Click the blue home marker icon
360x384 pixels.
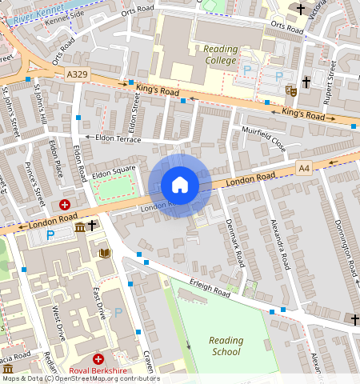click(180, 185)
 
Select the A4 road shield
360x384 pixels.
click(304, 168)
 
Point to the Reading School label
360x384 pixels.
click(226, 346)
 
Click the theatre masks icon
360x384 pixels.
click(291, 91)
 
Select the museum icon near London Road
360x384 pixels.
click(80, 228)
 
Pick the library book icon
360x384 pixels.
click(104, 254)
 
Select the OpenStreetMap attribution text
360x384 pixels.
click(80, 379)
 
